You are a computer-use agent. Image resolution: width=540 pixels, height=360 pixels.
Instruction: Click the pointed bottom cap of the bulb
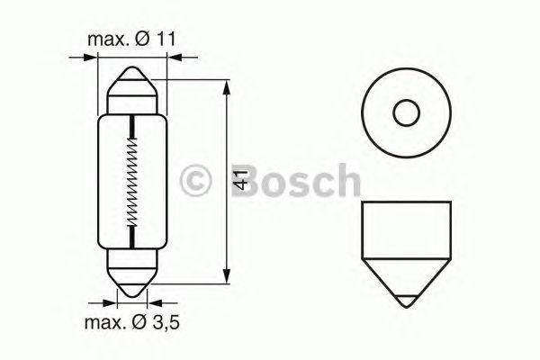[132, 283]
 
